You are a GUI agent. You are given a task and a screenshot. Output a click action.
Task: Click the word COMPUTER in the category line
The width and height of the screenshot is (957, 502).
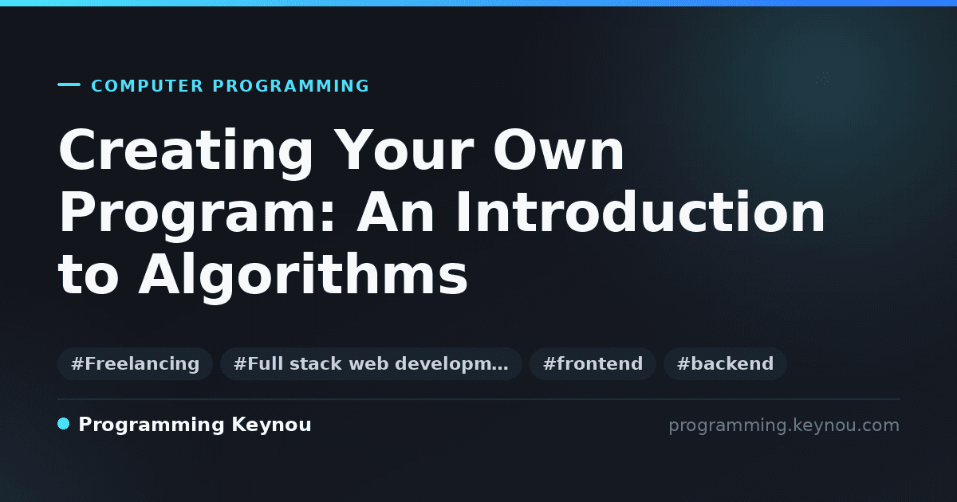[x=147, y=86]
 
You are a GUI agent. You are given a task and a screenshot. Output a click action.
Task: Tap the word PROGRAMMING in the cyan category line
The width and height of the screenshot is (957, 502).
[x=291, y=86]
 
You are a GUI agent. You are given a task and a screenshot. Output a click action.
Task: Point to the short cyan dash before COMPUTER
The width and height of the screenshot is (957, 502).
[x=69, y=84]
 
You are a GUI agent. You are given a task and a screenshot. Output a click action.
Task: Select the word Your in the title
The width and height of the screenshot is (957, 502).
[x=404, y=151]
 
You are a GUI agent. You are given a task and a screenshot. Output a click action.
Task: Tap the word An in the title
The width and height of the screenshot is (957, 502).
[x=396, y=212]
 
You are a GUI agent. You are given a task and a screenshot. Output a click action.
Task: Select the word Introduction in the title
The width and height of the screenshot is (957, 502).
[x=640, y=211]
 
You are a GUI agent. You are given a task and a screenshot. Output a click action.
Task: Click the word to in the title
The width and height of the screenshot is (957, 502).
[x=88, y=273]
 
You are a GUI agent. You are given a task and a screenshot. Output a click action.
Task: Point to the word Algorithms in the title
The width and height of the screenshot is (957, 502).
[x=303, y=276]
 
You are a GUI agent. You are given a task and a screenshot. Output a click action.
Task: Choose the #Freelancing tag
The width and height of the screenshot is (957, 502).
[x=135, y=363]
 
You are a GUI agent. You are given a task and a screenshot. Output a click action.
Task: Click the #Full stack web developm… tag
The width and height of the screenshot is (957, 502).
[x=371, y=363]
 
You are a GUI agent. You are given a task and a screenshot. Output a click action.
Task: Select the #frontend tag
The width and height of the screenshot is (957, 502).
[x=593, y=363]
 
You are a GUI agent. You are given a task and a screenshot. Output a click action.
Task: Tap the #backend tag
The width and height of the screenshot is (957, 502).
[x=725, y=363]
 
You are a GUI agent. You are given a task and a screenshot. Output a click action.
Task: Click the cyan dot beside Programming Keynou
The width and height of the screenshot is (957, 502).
[x=63, y=424]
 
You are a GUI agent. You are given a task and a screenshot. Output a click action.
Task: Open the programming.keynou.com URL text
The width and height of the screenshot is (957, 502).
[x=784, y=426]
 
